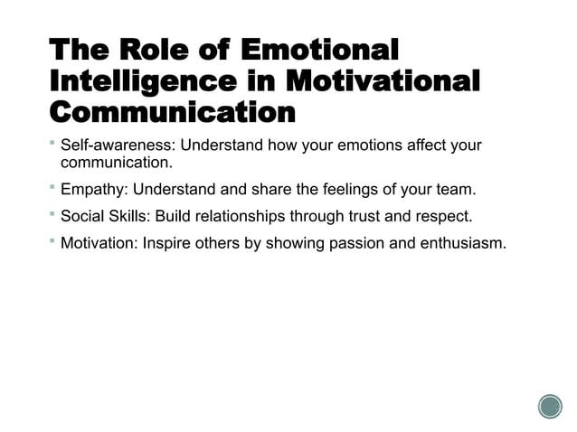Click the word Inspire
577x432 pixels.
coord(168,244)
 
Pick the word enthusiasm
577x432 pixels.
coord(460,244)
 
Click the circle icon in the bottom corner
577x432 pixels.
coord(550,407)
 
